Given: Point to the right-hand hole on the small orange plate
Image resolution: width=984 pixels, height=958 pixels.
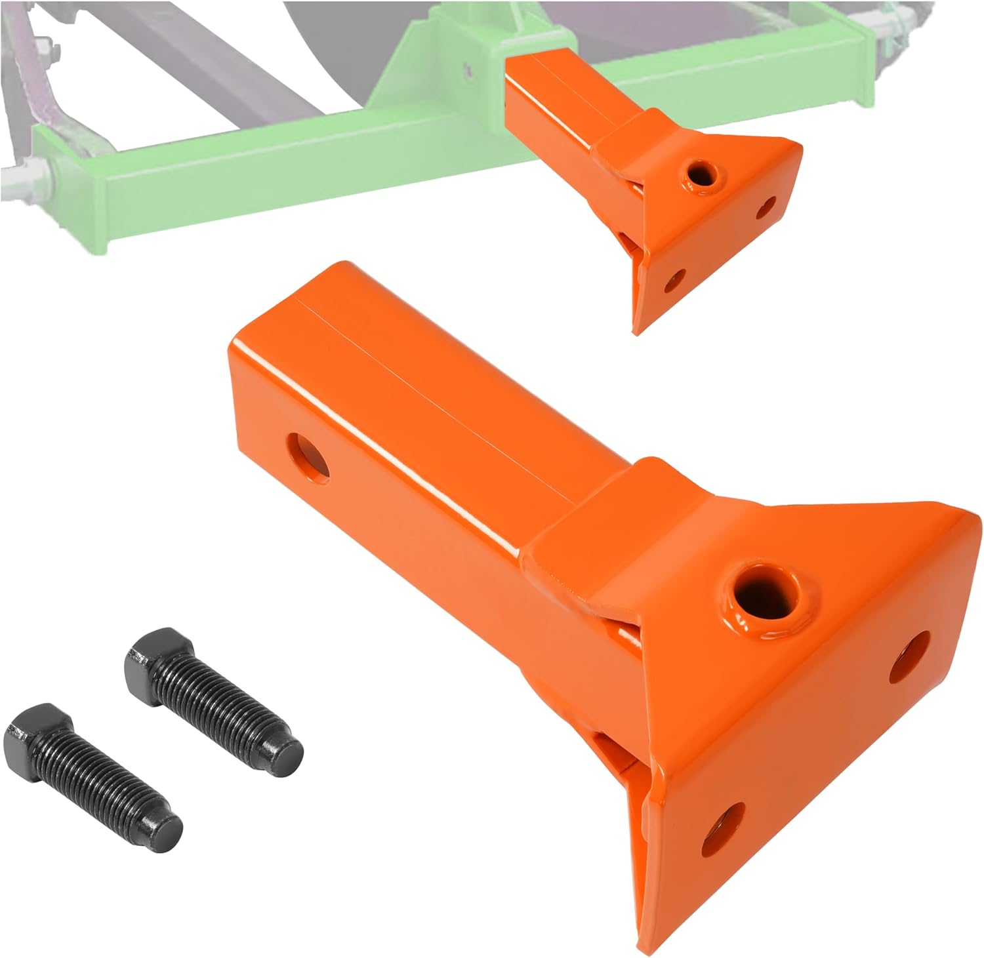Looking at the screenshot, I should pos(765,210).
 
